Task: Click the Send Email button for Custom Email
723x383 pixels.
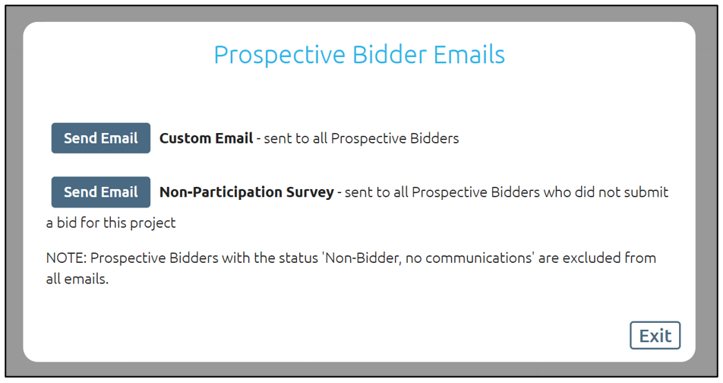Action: click(100, 138)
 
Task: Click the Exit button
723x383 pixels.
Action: click(655, 335)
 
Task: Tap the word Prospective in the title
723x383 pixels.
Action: click(279, 55)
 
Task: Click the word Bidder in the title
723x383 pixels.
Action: click(390, 55)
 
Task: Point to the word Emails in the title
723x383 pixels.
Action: click(469, 55)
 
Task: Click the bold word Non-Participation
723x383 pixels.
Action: click(220, 192)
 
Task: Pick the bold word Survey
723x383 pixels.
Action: click(310, 192)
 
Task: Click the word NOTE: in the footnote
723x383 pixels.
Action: click(66, 258)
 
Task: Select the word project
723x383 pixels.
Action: click(153, 223)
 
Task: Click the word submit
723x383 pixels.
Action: click(646, 192)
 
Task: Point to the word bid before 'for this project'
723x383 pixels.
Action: click(66, 223)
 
